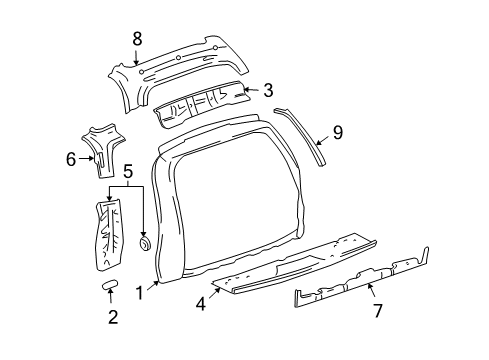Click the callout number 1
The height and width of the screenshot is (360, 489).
tap(140, 294)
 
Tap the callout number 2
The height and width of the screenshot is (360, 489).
tap(112, 318)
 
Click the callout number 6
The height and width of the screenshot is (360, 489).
tap(71, 158)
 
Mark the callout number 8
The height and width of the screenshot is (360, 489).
tap(137, 39)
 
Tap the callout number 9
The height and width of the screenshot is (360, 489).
tap(337, 130)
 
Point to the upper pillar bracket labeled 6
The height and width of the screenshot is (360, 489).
tap(105, 150)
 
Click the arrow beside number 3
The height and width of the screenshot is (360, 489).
tap(251, 89)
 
